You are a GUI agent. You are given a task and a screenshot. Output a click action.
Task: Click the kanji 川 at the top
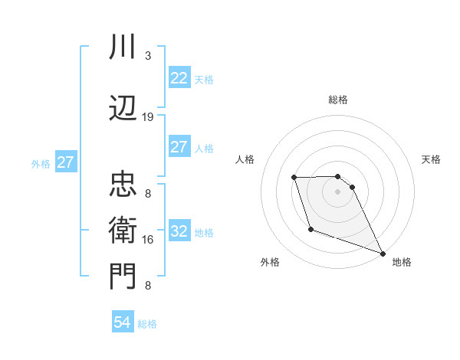[x=123, y=48]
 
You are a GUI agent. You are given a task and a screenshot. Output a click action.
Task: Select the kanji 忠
[x=123, y=183]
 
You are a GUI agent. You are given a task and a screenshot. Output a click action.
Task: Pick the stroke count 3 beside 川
[x=148, y=56]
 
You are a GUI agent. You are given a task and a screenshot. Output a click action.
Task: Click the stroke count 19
[x=148, y=117]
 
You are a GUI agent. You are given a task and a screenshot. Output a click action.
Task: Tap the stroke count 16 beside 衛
[x=148, y=240]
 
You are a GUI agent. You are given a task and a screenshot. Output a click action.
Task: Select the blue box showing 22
[x=179, y=78]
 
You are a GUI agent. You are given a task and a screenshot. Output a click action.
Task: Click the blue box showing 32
[x=179, y=232]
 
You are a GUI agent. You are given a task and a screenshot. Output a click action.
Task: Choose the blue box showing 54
[x=123, y=323]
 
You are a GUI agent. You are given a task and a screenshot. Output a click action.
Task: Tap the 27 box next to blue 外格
[x=65, y=162]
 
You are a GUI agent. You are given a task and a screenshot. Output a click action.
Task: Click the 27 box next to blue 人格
[x=179, y=147]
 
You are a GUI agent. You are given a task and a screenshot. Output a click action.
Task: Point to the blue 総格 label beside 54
[x=147, y=324]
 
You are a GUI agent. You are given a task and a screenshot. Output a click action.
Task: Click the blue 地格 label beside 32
[x=204, y=233]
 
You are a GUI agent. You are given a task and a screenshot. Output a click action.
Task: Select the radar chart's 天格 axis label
[x=431, y=159]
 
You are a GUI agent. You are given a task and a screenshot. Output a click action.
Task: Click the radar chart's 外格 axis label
[x=269, y=262]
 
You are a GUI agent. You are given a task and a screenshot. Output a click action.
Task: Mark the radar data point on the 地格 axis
[x=383, y=254]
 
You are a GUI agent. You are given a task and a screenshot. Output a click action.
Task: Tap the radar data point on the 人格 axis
[x=294, y=178]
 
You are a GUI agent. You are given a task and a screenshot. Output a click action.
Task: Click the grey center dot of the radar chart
[x=338, y=191]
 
